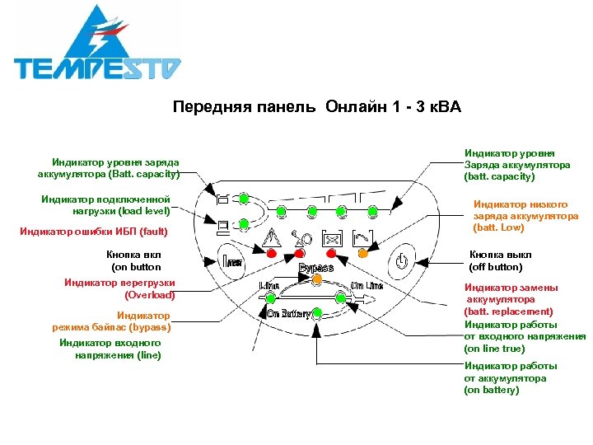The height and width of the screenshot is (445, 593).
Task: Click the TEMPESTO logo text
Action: [x=97, y=67]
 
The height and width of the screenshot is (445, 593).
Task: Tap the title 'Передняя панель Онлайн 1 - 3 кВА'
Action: [x=317, y=107]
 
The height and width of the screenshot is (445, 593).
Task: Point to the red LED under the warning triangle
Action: [x=272, y=253]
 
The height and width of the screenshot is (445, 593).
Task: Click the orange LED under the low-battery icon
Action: [x=363, y=253]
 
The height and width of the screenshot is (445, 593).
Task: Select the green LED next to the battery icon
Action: [x=245, y=198]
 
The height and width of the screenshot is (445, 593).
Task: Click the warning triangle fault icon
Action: [x=273, y=237]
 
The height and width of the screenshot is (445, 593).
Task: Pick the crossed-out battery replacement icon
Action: [x=333, y=238]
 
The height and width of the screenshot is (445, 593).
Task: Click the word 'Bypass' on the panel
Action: [x=316, y=268]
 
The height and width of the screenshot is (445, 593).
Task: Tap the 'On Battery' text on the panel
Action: [x=287, y=313]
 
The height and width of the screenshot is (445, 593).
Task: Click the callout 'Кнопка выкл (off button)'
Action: [x=496, y=260]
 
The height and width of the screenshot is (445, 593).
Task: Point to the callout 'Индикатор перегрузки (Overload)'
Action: [x=119, y=288]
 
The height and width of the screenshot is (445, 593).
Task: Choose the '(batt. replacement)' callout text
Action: [x=508, y=311]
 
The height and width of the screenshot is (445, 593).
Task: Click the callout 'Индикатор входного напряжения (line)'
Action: [x=110, y=349]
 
